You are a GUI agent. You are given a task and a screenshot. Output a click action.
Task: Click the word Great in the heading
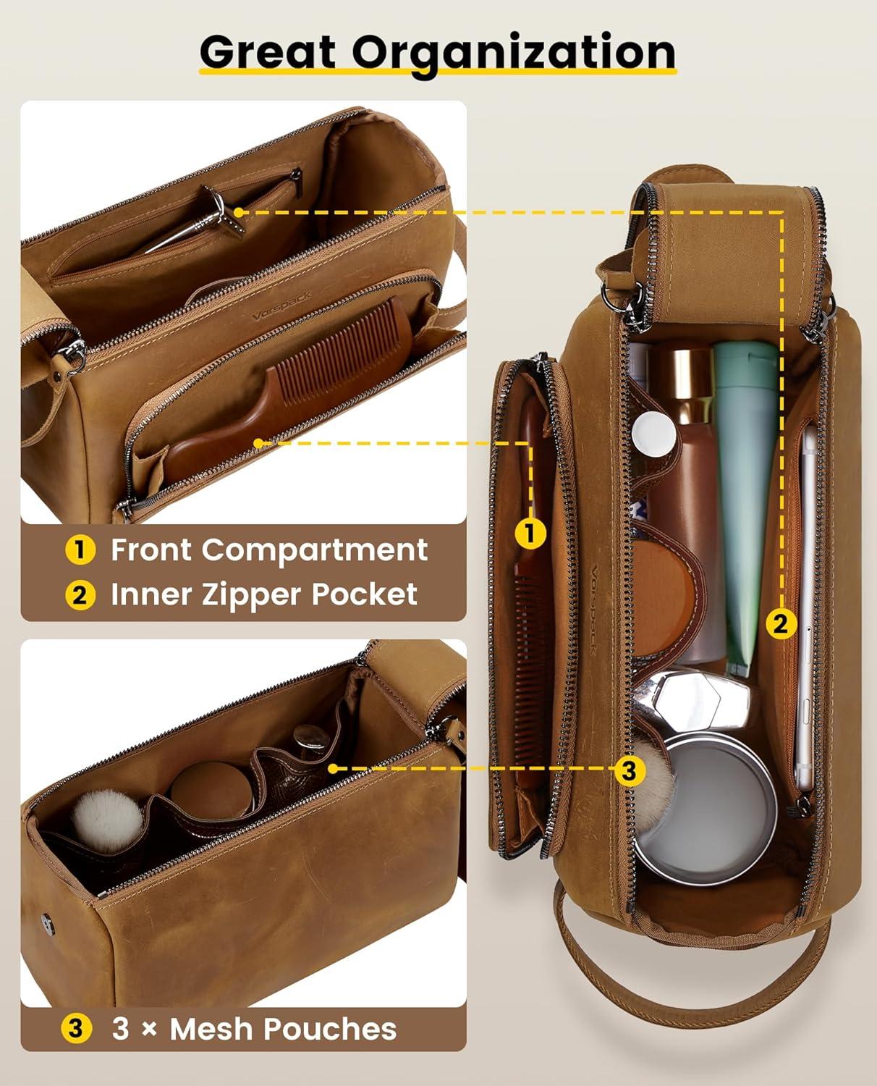tap(268, 52)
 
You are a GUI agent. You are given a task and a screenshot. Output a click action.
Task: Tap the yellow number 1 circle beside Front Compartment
tap(80, 550)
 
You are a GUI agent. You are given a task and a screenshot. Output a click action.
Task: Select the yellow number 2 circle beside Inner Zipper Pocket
tap(80, 595)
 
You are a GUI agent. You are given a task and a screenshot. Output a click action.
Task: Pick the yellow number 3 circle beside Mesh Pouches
tap(76, 1029)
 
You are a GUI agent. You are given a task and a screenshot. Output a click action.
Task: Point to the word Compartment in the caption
tap(315, 550)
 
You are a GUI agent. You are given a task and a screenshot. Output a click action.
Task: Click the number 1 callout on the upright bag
tap(530, 534)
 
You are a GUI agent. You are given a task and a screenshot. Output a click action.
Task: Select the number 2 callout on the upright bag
tap(780, 623)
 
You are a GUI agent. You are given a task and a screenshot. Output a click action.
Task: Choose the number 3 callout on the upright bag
tap(629, 770)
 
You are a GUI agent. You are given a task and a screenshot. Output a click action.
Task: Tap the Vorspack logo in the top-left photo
tap(281, 306)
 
